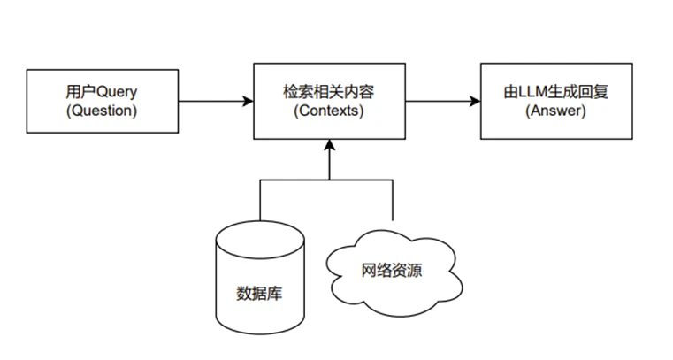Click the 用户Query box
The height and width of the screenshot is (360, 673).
pos(103,101)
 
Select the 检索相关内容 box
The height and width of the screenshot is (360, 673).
pos(329,101)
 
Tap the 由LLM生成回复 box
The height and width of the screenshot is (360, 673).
pos(557,101)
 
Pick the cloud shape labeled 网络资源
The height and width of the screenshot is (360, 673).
pos(393,272)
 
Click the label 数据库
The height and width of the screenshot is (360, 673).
pos(260,292)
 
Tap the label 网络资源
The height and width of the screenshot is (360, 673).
pos(393,271)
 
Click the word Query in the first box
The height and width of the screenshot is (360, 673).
pos(119,92)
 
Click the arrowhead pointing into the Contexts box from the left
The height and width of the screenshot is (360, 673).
pos(248,101)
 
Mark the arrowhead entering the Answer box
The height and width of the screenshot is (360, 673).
pos(475,101)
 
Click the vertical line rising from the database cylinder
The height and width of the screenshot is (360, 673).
pos(260,199)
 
